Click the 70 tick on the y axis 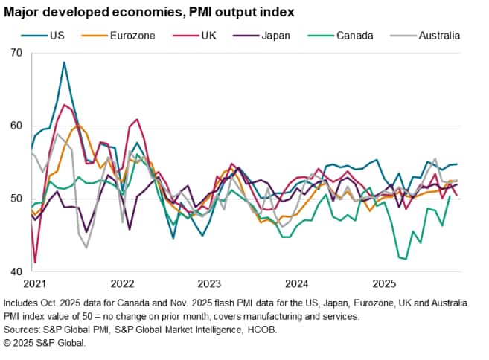pyautogui.click(x=16, y=53)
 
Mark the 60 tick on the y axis pyautogui.click(x=16, y=126)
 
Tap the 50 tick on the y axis pyautogui.click(x=16, y=199)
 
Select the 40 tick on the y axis pyautogui.click(x=16, y=271)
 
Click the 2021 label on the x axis pyautogui.click(x=34, y=283)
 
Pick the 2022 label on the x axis pyautogui.click(x=121, y=283)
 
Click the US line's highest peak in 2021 pyautogui.click(x=65, y=62)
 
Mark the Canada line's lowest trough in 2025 pyautogui.click(x=406, y=259)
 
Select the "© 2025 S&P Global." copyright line pyautogui.click(x=45, y=343)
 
